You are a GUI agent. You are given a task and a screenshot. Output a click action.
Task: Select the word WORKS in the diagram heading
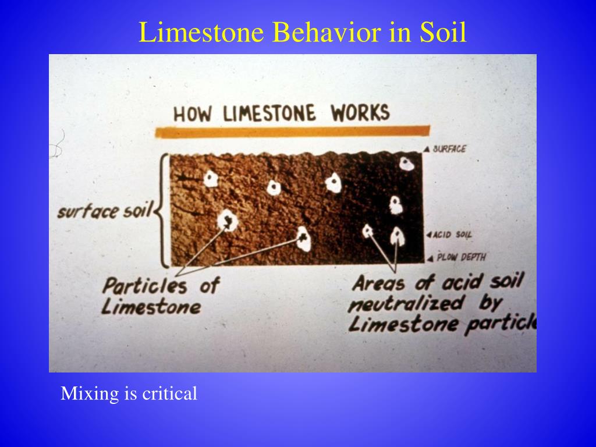360,112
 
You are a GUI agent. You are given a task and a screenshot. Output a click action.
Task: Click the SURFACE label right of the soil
449,149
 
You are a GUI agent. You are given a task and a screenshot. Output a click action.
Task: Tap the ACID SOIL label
453,235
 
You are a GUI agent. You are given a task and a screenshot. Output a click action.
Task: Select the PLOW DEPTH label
461,257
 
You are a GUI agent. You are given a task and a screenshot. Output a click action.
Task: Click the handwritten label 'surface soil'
104,211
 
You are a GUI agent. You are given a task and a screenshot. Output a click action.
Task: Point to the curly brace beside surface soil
161,210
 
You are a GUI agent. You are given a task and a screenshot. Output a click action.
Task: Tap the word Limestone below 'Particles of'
151,306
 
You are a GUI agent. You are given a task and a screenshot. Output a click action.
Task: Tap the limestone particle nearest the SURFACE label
407,164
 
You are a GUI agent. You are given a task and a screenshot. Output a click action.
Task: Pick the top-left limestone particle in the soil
211,179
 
